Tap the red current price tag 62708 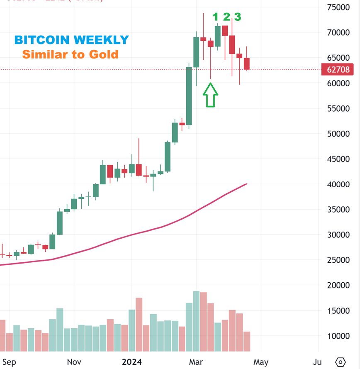point(338,69)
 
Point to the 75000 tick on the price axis point(338,7)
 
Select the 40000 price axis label point(338,184)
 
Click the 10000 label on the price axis point(338,336)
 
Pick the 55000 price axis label point(338,108)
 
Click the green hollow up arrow point(210,95)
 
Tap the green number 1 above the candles point(215,17)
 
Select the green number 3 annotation point(237,17)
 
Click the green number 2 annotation point(226,17)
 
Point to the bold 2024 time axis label point(131,362)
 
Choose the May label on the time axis point(261,362)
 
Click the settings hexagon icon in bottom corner point(340,362)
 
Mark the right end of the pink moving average point(247,184)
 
